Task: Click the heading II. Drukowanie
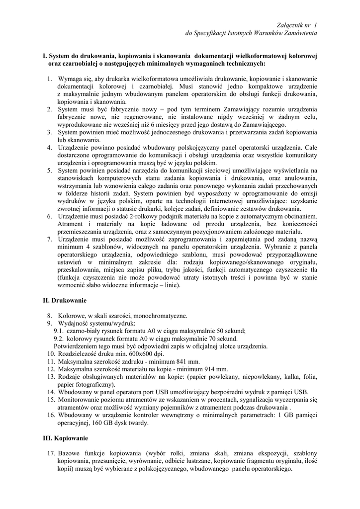(x=65, y=301)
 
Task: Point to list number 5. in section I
(x=50, y=170)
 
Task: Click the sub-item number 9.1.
(x=59, y=331)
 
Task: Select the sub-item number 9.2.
(x=59, y=339)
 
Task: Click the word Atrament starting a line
(x=70, y=224)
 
